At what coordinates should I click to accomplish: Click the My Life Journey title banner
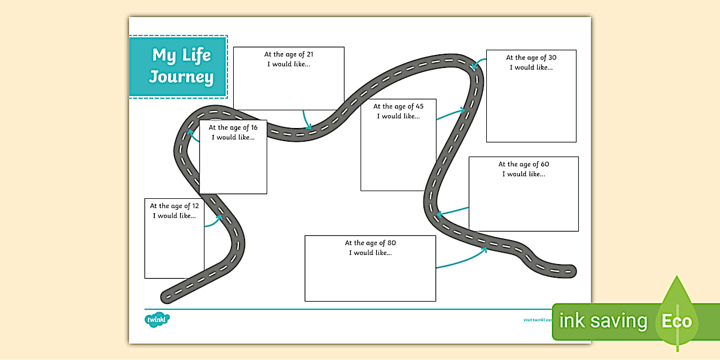click(x=178, y=67)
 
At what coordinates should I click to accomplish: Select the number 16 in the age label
click(x=253, y=128)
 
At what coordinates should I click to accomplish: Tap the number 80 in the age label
click(x=391, y=243)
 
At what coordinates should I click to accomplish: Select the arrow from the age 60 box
click(x=453, y=211)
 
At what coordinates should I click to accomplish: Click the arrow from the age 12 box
click(x=213, y=222)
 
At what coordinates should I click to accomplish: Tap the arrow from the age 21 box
click(x=307, y=119)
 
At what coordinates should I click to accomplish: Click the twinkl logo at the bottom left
click(x=157, y=320)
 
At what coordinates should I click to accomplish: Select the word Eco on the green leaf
click(x=677, y=321)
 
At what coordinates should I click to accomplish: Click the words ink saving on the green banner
click(x=603, y=321)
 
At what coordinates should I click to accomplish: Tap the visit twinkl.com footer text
click(x=538, y=320)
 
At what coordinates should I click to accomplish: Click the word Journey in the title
click(x=182, y=77)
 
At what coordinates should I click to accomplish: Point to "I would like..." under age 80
click(x=370, y=253)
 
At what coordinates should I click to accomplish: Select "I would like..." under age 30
click(x=531, y=67)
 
